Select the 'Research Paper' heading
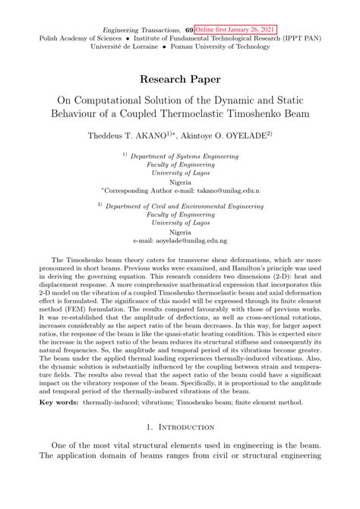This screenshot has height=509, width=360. point(179,78)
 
